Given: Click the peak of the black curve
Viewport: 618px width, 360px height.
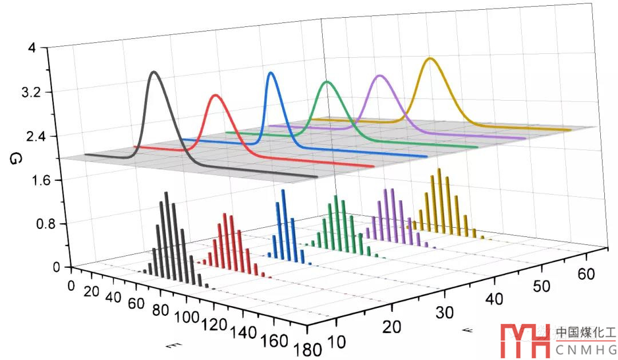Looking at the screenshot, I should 153,72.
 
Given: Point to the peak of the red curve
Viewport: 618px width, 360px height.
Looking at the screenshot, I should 215,96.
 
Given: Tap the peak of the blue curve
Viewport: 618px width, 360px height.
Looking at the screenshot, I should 271,73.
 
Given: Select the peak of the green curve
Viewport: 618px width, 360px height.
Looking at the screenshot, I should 327,82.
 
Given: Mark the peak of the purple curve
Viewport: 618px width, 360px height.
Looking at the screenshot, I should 378,76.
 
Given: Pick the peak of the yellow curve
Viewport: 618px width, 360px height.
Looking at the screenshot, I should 431,58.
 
